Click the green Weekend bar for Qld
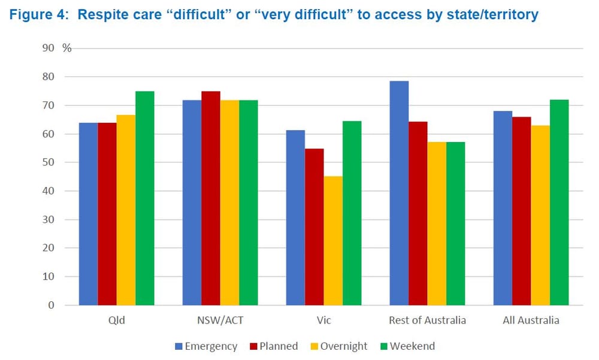(145, 198)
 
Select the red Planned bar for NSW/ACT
(211, 198)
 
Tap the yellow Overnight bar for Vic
(333, 241)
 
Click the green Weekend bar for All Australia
(559, 202)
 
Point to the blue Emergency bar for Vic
(295, 217)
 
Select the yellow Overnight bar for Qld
(126, 210)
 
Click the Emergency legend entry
(205, 346)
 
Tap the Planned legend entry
(274, 346)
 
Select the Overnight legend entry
(339, 346)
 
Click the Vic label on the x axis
(323, 320)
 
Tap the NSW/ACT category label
(220, 320)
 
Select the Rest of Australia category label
(427, 320)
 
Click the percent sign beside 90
(67, 48)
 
